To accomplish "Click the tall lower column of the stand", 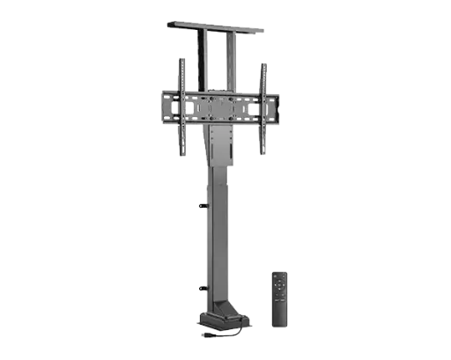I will (217, 238).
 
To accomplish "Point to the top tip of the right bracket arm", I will (262, 60).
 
